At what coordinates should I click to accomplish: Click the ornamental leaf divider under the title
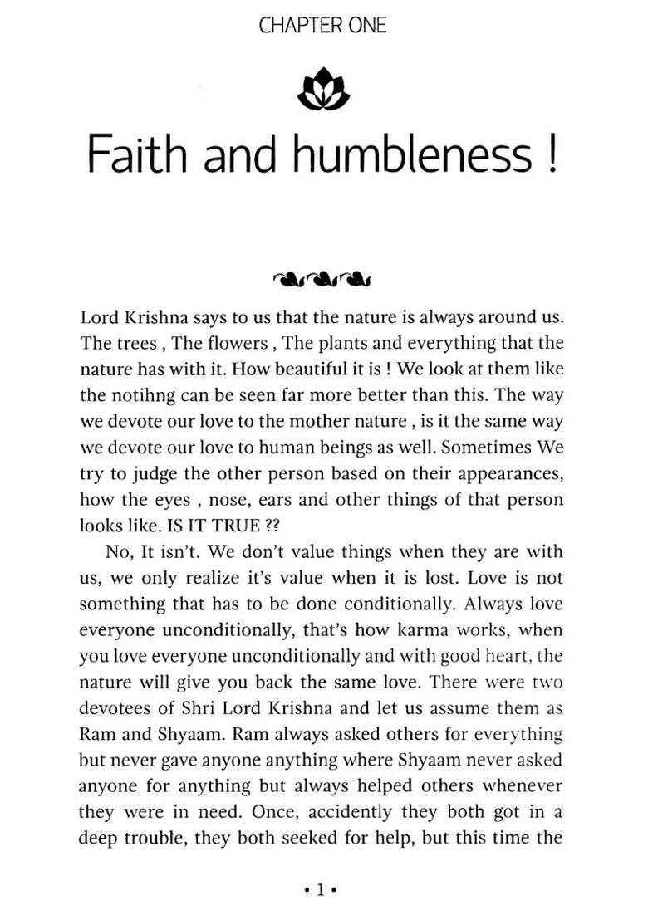[322, 277]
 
